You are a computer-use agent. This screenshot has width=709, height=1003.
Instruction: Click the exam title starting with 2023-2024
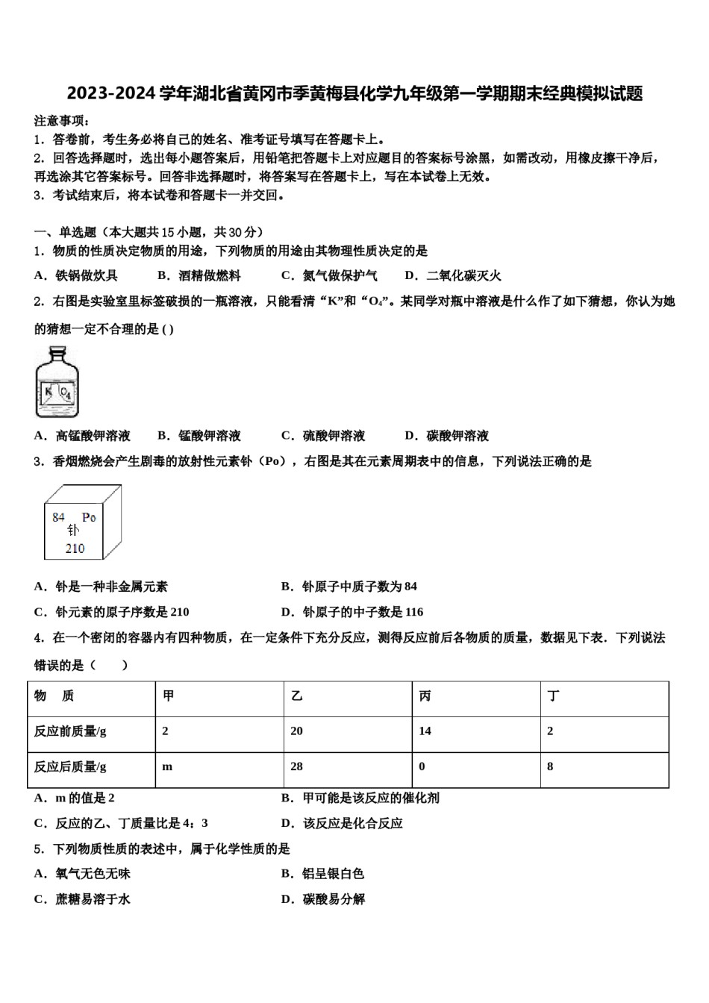[x=354, y=94]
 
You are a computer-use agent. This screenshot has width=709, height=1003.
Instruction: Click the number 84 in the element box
[x=59, y=516]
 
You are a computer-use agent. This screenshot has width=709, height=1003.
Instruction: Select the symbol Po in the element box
[x=89, y=516]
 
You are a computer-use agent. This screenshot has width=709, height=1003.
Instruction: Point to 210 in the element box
[x=75, y=549]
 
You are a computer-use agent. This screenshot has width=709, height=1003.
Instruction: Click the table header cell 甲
[x=169, y=696]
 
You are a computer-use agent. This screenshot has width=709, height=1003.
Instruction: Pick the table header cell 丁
[x=553, y=696]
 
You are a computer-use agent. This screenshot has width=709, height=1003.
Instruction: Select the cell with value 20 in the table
[x=296, y=731]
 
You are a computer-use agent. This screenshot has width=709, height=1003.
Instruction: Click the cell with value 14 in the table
[x=425, y=731]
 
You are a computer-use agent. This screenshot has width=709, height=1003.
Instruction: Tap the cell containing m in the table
[x=167, y=766]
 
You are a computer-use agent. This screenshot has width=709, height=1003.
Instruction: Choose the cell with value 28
[x=296, y=766]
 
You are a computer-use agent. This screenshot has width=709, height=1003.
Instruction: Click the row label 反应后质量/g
[x=70, y=766]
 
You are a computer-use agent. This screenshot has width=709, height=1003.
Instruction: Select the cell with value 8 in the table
[x=550, y=766]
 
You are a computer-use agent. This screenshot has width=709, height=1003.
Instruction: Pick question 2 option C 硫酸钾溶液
[x=323, y=436]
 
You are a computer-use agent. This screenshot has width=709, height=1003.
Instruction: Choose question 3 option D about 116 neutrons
[x=352, y=612]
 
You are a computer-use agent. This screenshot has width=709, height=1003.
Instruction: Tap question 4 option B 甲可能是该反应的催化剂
[x=360, y=798]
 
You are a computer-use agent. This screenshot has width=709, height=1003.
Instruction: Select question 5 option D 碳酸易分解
[x=323, y=899]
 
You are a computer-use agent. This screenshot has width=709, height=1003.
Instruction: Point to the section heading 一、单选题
[x=66, y=232]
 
